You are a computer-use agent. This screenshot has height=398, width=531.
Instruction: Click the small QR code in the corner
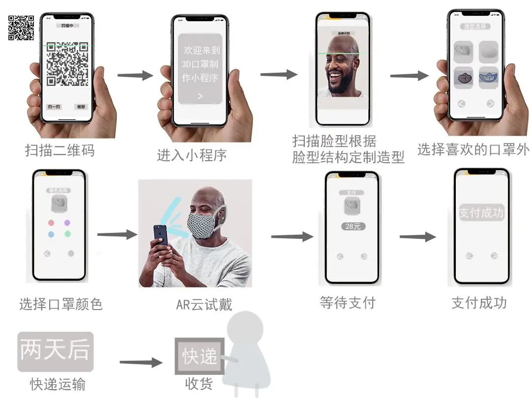[21, 28]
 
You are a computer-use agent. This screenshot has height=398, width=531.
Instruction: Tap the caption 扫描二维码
[59, 150]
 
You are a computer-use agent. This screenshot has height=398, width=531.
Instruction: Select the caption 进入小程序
[192, 155]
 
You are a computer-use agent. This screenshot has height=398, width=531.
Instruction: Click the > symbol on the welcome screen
[200, 96]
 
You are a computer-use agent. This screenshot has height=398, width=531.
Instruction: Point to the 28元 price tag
[353, 227]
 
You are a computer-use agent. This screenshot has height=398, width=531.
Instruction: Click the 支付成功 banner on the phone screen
[481, 213]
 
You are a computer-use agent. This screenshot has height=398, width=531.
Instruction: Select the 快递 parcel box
[200, 356]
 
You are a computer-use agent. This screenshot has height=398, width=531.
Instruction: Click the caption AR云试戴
[204, 305]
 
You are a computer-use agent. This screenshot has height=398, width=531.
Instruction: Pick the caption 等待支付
[348, 302]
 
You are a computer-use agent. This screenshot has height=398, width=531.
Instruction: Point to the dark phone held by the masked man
[160, 235]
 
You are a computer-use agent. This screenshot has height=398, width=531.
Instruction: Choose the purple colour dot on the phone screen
[67, 223]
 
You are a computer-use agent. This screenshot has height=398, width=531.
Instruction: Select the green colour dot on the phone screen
[67, 234]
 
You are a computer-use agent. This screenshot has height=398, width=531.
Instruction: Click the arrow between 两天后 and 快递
[141, 363]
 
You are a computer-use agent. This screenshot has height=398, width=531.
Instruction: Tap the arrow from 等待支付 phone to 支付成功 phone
[417, 237]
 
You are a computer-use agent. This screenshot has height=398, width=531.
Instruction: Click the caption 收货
[199, 384]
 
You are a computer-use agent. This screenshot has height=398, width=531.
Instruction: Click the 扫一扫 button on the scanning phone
[54, 107]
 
